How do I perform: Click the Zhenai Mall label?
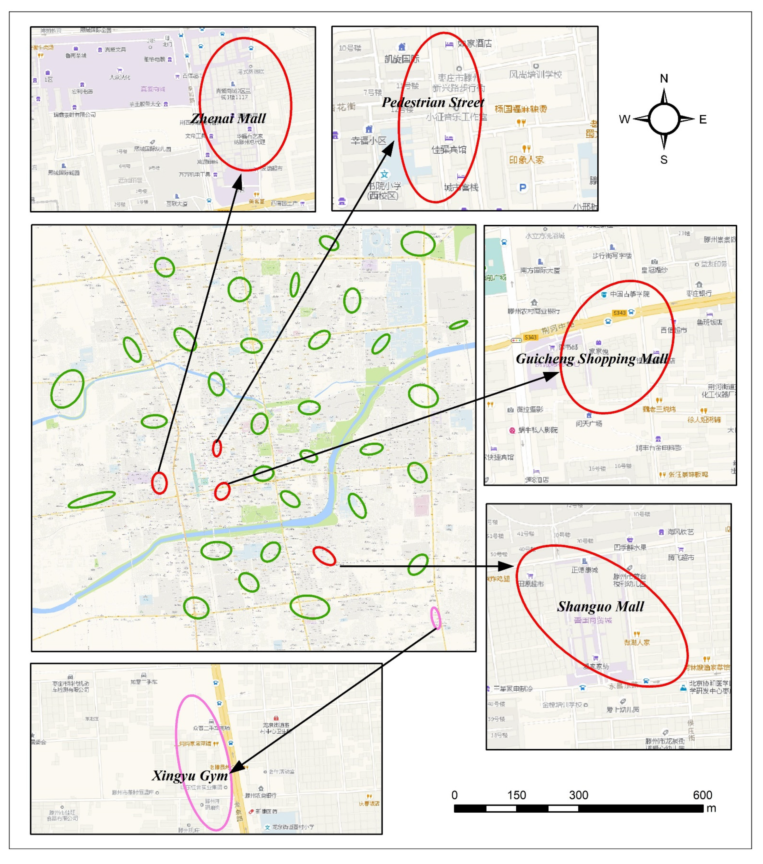point(228,118)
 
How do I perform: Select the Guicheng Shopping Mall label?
point(592,358)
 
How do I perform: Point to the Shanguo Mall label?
point(600,607)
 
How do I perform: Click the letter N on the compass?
point(664,78)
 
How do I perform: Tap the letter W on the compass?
point(624,119)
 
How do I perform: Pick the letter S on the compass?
point(664,160)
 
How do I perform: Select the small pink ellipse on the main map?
point(435,618)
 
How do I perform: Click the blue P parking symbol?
point(523,187)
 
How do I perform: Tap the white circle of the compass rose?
point(664,119)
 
